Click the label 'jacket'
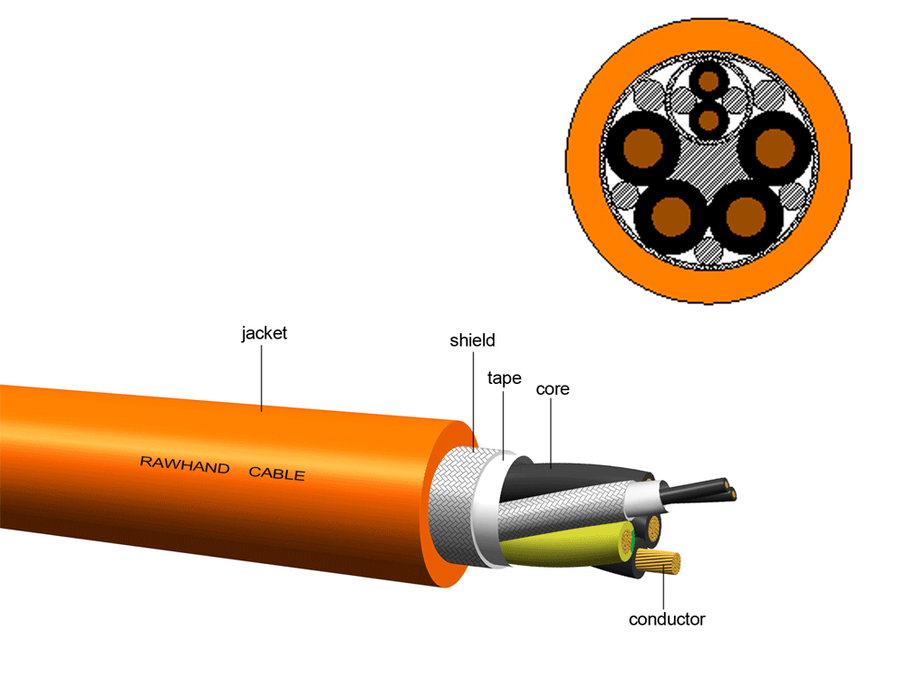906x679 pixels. coord(264,333)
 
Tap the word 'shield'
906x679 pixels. coord(473,341)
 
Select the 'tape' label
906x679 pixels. coord(504,378)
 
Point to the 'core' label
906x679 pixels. coord(553,389)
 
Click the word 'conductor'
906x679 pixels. coord(667,620)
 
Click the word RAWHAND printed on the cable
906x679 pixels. coord(182,463)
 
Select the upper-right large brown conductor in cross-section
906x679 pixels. coord(771,146)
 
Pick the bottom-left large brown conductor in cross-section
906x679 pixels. coord(671,215)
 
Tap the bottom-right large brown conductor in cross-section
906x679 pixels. coord(745,215)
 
